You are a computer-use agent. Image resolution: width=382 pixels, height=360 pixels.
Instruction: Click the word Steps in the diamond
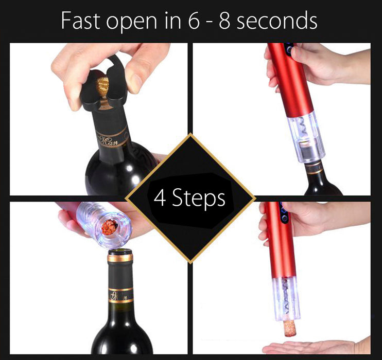pos(199,197)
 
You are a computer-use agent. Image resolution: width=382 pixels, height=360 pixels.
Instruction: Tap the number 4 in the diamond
pos(160,197)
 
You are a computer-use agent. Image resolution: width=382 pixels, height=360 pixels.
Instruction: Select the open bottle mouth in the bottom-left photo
pos(119,251)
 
